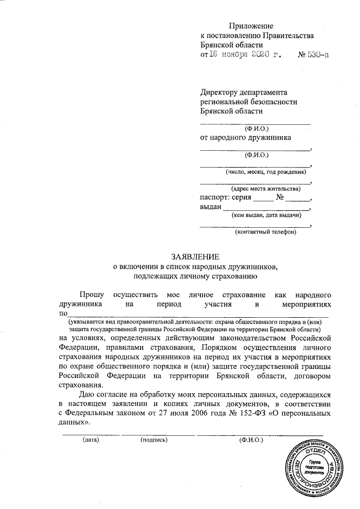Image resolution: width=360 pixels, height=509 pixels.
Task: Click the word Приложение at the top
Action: (250, 26)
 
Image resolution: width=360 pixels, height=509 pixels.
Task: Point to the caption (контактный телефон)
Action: (265, 232)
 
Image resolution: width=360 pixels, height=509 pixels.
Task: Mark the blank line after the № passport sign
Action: (300, 200)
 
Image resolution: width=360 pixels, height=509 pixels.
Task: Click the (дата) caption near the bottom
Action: (91, 439)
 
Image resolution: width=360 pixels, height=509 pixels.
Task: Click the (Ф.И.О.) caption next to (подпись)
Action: (251, 439)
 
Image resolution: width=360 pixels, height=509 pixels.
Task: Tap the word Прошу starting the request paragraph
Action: (92, 294)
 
